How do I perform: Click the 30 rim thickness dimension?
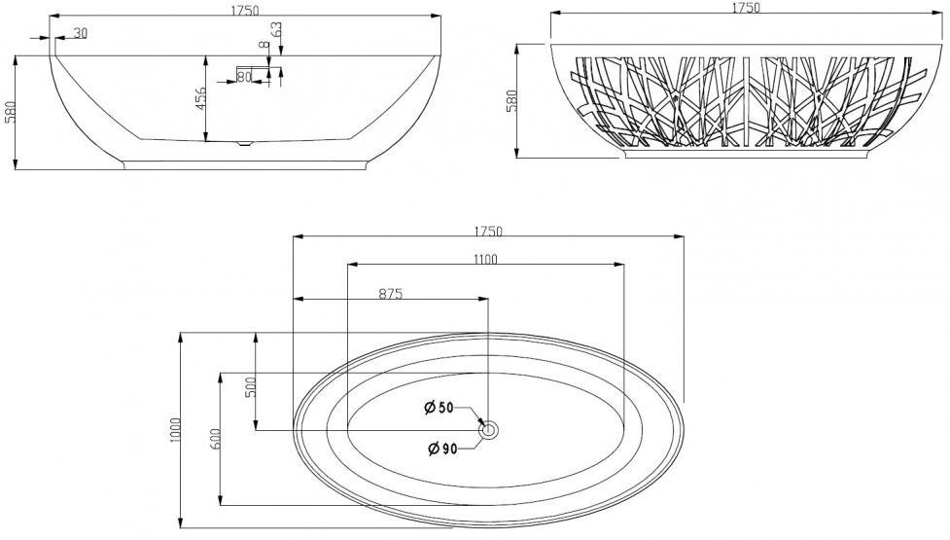(80, 33)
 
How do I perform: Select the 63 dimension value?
(276, 30)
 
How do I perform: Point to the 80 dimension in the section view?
(244, 77)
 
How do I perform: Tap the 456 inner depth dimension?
(200, 98)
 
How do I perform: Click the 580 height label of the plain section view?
(10, 112)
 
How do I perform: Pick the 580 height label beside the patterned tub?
(512, 100)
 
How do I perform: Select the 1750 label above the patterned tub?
(746, 7)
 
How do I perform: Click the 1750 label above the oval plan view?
(488, 231)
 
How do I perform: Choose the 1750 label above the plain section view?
(245, 10)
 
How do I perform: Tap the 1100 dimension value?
(485, 260)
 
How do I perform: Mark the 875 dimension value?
(391, 294)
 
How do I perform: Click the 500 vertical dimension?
(250, 386)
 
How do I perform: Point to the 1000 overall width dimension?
(176, 430)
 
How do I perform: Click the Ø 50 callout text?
(439, 408)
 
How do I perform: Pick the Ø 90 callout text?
(442, 450)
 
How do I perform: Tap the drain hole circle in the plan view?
(488, 431)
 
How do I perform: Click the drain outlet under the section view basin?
(244, 144)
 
